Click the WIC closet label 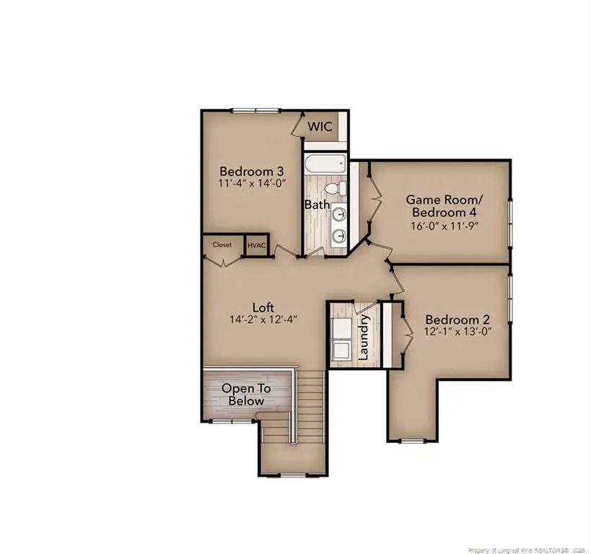click(x=320, y=127)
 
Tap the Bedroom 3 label click(x=251, y=172)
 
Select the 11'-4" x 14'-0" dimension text click(x=251, y=185)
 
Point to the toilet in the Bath click(x=334, y=189)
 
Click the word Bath click(x=317, y=205)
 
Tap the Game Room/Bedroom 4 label click(x=443, y=206)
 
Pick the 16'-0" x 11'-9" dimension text click(x=443, y=225)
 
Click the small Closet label click(x=222, y=245)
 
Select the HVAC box click(x=257, y=245)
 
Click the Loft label click(x=263, y=307)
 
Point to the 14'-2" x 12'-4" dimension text click(x=264, y=319)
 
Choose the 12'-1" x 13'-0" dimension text click(x=458, y=332)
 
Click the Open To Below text click(x=246, y=395)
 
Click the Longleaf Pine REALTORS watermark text click(x=514, y=548)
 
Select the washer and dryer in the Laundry click(x=341, y=336)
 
